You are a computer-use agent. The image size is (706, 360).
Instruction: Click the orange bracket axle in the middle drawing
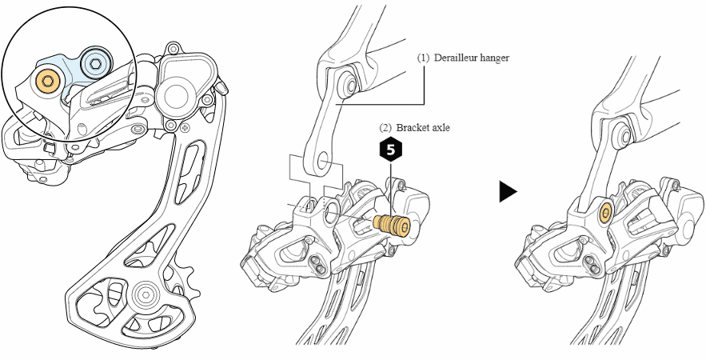point(392,223)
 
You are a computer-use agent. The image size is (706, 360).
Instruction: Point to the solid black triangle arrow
point(507,192)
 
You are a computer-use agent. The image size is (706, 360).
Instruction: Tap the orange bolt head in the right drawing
point(604,213)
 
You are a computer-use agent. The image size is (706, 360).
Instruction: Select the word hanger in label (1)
point(495,58)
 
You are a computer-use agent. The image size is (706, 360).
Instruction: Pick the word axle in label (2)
point(442,127)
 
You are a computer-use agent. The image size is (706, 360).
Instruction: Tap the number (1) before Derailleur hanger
point(423,58)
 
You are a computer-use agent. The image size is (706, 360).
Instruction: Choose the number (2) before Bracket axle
point(385,127)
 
